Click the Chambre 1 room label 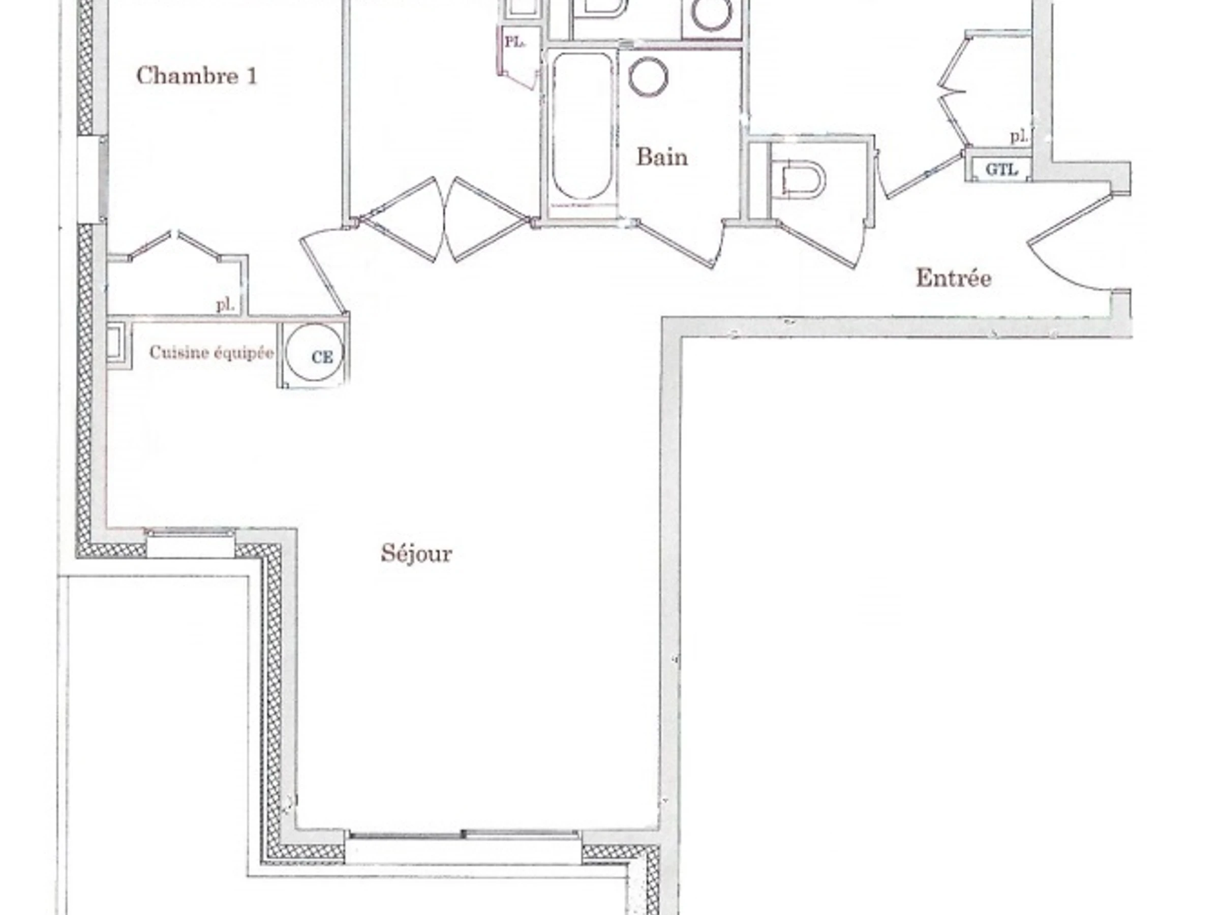pos(197,76)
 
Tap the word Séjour pos(416,553)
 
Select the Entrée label pos(954,278)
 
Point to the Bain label pos(662,157)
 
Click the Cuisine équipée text pos(212,352)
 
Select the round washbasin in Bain pos(649,76)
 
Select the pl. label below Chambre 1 pos(225,304)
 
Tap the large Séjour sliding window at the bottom pos(464,850)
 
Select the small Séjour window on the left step pos(190,542)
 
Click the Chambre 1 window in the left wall pos(91,179)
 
